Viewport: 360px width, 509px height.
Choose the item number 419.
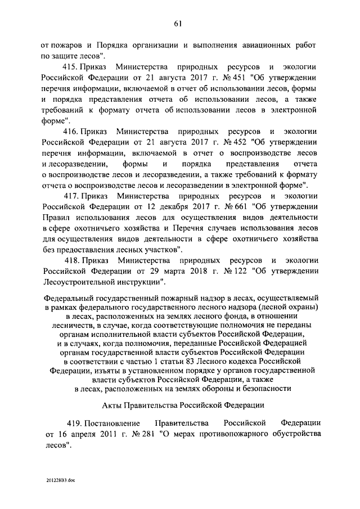click(71, 422)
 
